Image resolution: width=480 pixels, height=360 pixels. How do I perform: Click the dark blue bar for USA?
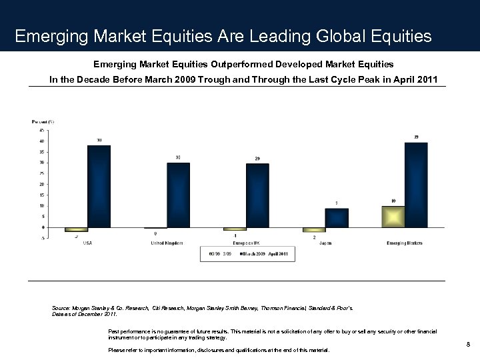(99, 187)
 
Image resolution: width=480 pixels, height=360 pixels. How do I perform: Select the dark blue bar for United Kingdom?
(178, 195)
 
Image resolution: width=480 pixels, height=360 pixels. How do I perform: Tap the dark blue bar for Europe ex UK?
(257, 196)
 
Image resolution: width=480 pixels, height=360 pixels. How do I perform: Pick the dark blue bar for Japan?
(337, 218)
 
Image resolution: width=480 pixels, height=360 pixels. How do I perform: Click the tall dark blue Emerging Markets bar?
(416, 185)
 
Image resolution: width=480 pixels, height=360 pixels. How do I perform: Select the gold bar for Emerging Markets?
(393, 217)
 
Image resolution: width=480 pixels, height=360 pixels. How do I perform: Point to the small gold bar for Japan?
(314, 230)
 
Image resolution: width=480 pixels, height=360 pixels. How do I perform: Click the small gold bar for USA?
(76, 229)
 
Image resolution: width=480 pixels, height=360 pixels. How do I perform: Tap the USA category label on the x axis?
(87, 243)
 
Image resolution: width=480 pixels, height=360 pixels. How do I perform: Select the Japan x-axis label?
(325, 243)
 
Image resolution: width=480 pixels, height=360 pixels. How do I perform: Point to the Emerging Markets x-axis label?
(405, 243)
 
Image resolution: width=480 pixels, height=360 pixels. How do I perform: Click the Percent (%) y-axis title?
(43, 121)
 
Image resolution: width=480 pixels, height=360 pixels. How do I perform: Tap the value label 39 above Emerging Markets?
(416, 137)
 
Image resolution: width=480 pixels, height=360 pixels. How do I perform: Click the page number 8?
(469, 344)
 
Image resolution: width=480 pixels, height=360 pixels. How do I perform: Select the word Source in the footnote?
(60, 308)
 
